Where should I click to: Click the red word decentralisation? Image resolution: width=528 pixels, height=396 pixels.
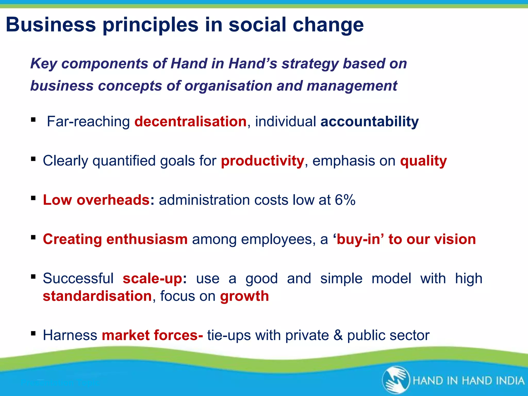point(190,121)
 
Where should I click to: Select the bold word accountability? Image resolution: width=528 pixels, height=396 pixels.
point(369,121)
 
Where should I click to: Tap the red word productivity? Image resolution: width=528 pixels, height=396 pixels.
point(262,161)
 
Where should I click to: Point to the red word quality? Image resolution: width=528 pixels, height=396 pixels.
point(423,161)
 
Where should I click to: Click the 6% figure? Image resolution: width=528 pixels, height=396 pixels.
point(345,200)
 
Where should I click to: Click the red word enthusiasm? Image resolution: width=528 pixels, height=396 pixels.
point(147,239)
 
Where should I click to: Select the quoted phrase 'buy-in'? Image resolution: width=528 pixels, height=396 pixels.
point(358,239)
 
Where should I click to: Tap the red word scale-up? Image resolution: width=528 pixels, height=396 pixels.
point(152,279)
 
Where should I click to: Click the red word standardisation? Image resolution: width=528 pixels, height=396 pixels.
point(97,296)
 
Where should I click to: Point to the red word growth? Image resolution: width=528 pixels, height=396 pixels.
point(244,296)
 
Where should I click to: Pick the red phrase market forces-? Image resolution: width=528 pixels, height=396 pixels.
point(152,335)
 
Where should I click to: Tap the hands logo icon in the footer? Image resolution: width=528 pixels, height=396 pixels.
point(396,380)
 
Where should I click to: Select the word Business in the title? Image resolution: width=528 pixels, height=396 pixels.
point(51,25)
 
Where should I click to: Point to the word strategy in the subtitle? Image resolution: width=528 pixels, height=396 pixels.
point(310,63)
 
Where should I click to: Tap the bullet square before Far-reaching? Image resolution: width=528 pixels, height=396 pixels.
point(33,120)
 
